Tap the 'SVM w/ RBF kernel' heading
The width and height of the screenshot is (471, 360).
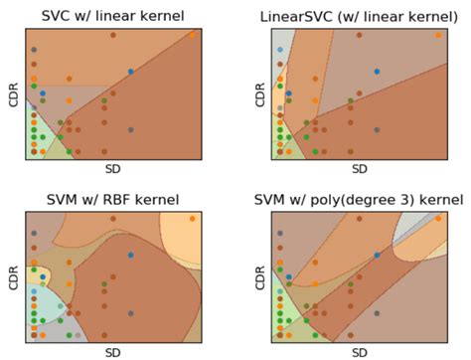[113, 199]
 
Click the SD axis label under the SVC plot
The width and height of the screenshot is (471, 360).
[111, 169]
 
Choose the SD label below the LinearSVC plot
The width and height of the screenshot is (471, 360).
[359, 169]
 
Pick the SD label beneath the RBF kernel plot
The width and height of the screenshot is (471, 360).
[111, 351]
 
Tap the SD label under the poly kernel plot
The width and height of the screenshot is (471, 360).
[359, 351]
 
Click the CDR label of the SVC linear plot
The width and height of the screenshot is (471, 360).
[12, 91]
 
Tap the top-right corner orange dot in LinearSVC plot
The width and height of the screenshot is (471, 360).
[439, 35]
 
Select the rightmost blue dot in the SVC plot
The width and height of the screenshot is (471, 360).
[130, 72]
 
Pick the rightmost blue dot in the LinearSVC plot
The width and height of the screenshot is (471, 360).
[377, 72]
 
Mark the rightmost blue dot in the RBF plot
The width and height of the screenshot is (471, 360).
[130, 256]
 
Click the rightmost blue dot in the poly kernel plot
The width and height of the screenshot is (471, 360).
[377, 256]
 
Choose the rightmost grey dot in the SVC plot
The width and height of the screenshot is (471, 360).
[130, 129]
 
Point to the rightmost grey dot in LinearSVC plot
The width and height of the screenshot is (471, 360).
[377, 129]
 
